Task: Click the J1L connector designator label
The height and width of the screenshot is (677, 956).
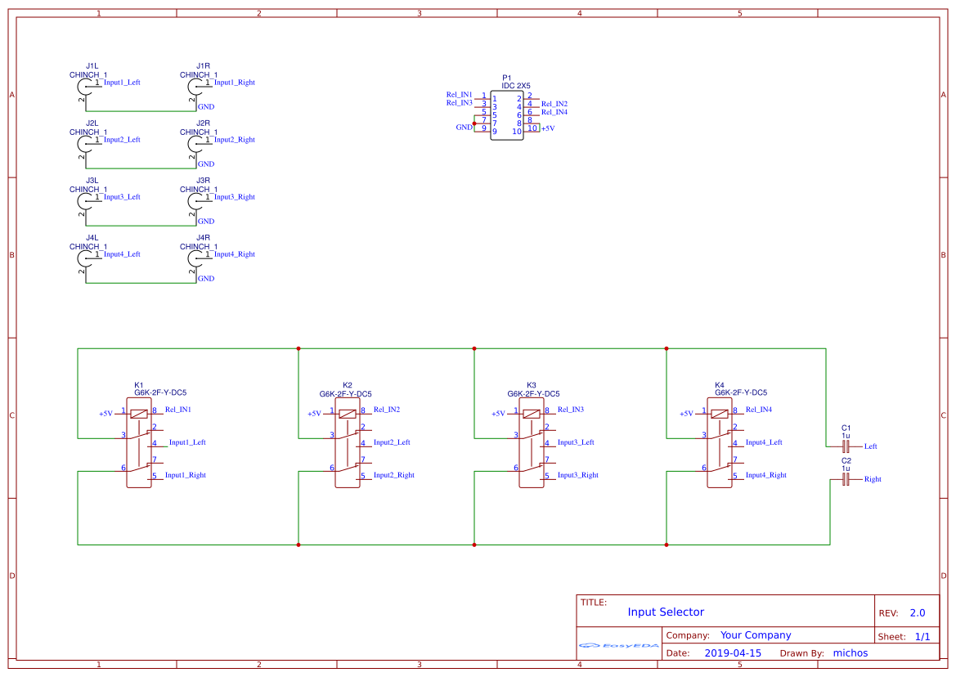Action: pos(92,65)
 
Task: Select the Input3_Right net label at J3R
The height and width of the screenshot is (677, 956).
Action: pos(235,197)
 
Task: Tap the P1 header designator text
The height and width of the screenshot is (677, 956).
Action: pos(506,77)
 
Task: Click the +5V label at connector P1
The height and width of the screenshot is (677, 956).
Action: pos(548,128)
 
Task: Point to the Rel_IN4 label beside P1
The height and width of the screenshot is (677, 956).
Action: pos(554,112)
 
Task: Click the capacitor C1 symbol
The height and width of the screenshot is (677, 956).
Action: pos(846,446)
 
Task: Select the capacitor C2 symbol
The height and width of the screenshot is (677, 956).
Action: pos(846,479)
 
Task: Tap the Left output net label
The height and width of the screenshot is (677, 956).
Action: pos(870,446)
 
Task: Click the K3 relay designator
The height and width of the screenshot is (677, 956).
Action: pos(532,384)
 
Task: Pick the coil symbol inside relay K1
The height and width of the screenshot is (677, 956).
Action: pos(139,413)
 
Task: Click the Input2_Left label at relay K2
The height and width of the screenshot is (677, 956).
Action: pos(392,442)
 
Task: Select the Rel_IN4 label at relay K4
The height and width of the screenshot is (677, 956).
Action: pos(758,410)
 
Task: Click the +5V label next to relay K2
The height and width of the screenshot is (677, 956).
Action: pos(314,414)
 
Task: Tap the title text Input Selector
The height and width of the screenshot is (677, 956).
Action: pos(666,612)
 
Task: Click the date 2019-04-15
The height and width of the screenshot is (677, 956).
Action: pos(733,653)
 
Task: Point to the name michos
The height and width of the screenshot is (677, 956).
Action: pos(850,653)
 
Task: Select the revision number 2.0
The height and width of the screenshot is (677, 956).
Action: pos(917,613)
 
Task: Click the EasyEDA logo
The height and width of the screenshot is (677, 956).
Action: pos(619,645)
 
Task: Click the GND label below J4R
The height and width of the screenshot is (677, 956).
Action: pos(206,279)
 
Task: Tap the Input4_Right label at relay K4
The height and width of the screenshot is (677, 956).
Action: pos(765,475)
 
